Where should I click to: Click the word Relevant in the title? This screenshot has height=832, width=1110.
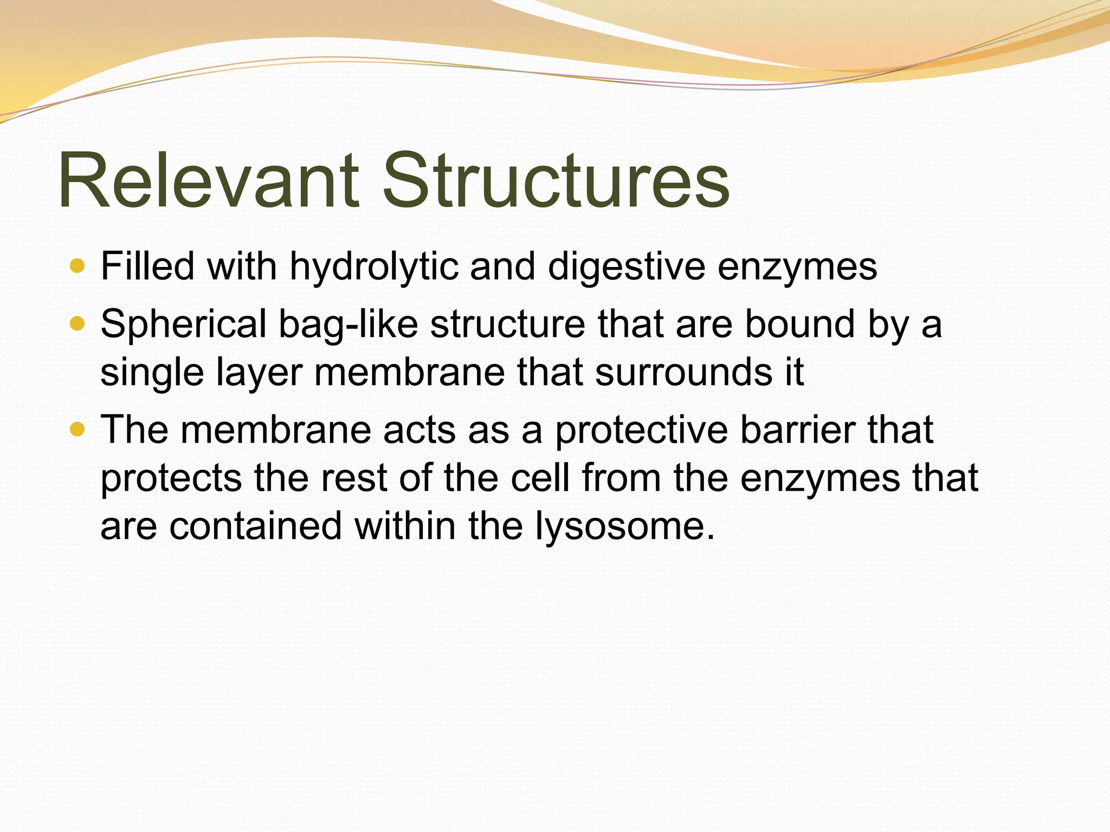(209, 180)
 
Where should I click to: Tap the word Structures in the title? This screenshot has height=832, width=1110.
(556, 180)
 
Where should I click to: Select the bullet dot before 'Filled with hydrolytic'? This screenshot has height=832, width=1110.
(78, 266)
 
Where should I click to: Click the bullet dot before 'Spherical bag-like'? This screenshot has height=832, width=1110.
(78, 324)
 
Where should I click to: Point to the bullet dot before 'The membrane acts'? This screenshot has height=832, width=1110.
(78, 430)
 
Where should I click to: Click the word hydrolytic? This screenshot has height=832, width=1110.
(374, 267)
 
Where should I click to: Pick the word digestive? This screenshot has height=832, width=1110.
(627, 267)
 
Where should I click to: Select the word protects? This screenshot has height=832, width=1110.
(171, 479)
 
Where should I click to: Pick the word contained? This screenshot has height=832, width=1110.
(256, 526)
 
